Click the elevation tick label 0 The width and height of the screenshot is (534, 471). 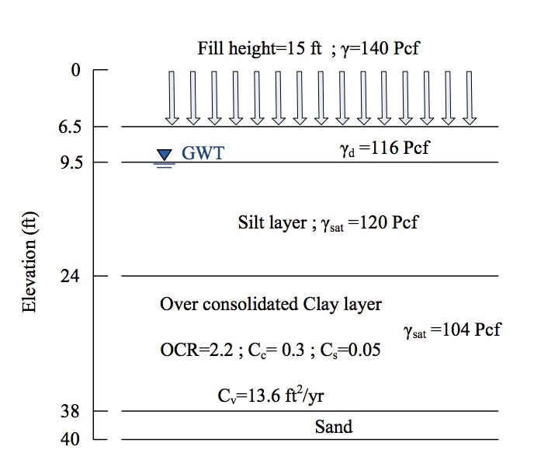(x=75, y=71)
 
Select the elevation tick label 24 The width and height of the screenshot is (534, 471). (x=73, y=276)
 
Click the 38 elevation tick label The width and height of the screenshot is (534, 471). (x=73, y=411)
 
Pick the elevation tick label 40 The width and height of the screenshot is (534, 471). (x=73, y=439)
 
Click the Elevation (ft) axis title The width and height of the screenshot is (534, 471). (x=29, y=253)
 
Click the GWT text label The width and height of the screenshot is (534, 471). (x=203, y=153)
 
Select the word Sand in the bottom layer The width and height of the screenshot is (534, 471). (x=333, y=426)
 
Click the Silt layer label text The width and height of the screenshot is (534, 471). (x=272, y=223)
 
